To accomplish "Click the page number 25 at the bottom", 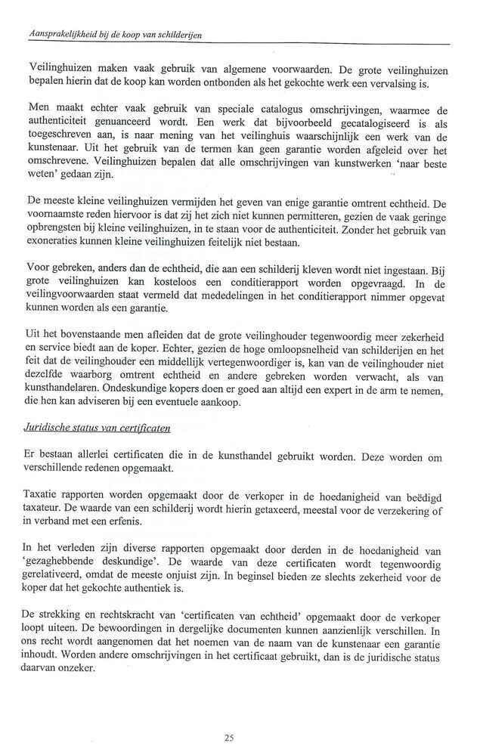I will pos(230,736).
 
